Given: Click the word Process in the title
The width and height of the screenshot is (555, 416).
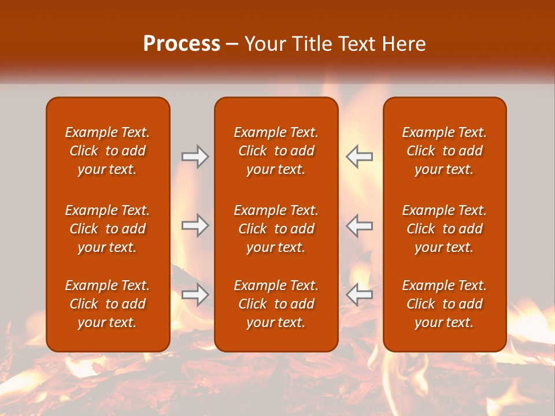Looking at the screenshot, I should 182,44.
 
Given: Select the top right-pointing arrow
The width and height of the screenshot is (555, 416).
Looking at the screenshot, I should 195,157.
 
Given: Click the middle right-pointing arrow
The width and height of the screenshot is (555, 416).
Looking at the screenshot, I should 195,225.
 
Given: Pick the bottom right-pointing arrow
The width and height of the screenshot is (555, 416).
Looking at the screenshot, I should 195,295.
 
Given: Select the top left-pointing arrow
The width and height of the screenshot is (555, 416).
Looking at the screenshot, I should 359,157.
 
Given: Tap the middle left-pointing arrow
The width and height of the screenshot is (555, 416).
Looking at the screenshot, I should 359,225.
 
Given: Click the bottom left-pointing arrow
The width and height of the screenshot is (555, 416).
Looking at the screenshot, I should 359,295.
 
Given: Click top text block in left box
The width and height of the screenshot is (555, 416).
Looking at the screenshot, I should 108,151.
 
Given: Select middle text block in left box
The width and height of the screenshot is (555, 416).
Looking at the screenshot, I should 108,229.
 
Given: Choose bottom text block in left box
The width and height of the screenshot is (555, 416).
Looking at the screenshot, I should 108,304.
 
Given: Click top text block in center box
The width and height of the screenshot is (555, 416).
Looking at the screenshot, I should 276,151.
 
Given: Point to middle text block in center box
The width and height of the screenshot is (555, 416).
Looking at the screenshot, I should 276,229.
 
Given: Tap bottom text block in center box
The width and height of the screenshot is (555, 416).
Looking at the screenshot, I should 276,304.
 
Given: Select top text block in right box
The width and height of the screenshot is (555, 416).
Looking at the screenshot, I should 444,151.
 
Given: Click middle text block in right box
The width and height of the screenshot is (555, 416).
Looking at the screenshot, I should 444,229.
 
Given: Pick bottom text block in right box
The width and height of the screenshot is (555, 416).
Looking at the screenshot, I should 444,304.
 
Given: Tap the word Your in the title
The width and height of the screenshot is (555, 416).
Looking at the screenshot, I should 265,44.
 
